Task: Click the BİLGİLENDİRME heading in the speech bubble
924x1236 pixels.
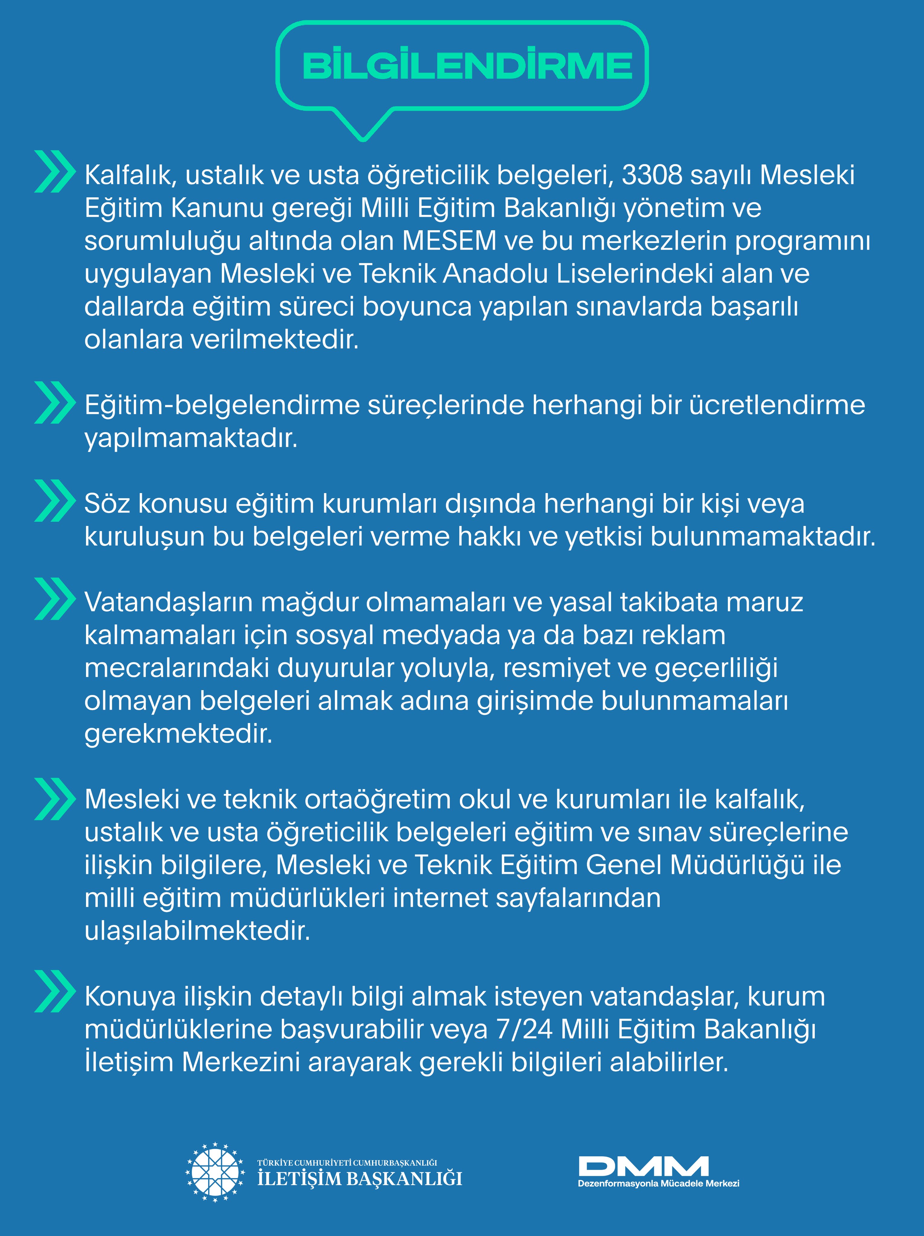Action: click(x=467, y=66)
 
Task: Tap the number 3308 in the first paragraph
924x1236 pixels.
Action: click(x=652, y=175)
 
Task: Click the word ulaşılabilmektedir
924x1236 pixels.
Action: click(x=197, y=931)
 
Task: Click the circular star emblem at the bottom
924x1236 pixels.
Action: click(x=215, y=1172)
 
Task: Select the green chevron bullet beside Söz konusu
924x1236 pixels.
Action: click(x=54, y=501)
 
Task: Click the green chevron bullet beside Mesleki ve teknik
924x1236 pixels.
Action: click(x=54, y=799)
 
